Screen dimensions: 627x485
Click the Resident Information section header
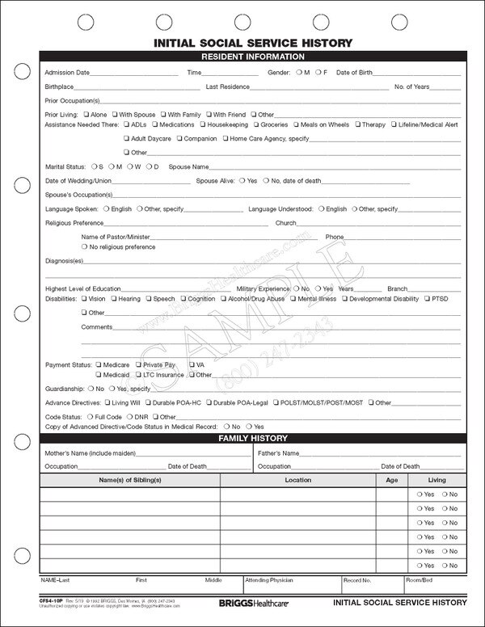(252, 57)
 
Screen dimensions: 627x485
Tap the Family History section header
(252, 438)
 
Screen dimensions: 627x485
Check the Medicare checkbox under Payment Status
(99, 365)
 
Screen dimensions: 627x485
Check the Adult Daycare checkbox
(127, 139)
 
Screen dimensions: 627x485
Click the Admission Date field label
(67, 73)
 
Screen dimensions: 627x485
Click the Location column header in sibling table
(297, 480)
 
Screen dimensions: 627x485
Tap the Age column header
(392, 480)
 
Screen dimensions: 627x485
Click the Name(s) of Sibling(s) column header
(130, 480)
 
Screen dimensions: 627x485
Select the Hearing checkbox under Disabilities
(115, 299)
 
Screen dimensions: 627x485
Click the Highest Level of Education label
(82, 288)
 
